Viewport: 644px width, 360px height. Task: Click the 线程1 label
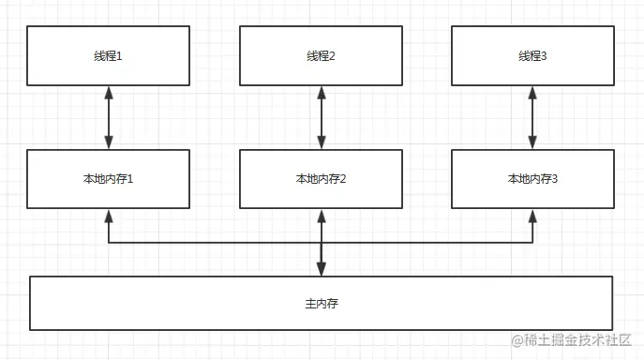pos(108,56)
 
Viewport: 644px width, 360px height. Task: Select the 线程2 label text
pos(321,56)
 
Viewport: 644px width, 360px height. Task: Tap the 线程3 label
pos(532,56)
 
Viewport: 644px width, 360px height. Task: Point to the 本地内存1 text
pos(108,179)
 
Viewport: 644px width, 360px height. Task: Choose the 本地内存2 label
pos(321,179)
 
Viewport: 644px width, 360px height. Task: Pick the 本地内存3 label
pos(532,179)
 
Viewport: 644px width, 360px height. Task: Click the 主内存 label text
pos(322,304)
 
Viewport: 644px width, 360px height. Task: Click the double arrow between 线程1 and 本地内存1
pos(109,117)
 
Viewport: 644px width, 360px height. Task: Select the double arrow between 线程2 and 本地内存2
pos(322,117)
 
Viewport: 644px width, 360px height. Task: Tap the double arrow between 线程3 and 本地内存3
pos(532,117)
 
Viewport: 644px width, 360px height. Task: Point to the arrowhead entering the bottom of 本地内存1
pos(109,217)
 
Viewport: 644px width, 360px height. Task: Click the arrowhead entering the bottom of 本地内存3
pos(532,217)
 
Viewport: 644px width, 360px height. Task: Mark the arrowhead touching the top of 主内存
pos(322,269)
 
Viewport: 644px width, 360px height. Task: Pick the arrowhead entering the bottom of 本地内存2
pos(322,217)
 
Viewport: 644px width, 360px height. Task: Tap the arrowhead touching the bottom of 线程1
pos(109,93)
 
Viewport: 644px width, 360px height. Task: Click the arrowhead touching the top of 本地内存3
pos(532,142)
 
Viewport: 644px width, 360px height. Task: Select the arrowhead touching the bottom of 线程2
pos(322,93)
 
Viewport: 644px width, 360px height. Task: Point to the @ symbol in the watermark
pos(517,340)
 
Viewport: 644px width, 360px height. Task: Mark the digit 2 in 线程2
pos(332,56)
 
